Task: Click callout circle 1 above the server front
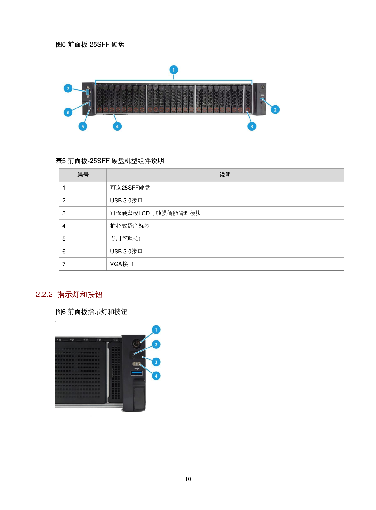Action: coord(173,70)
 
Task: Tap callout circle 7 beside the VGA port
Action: coord(68,88)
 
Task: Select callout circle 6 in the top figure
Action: coord(68,112)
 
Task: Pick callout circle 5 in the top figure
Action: coord(82,126)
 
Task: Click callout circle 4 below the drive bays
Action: coord(117,126)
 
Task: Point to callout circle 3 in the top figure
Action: coord(252,126)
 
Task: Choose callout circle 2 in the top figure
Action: coord(275,110)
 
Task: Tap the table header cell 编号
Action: coord(83,175)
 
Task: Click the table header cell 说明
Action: coord(225,175)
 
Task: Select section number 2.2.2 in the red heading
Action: coord(44,295)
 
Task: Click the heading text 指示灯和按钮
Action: coord(80,295)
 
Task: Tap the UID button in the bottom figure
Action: coord(136,364)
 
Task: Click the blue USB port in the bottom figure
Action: coord(137,373)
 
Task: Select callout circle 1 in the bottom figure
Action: coord(156,330)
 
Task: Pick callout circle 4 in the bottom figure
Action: coord(156,376)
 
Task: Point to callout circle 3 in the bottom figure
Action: coord(156,362)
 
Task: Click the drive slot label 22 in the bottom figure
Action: coord(86,340)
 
